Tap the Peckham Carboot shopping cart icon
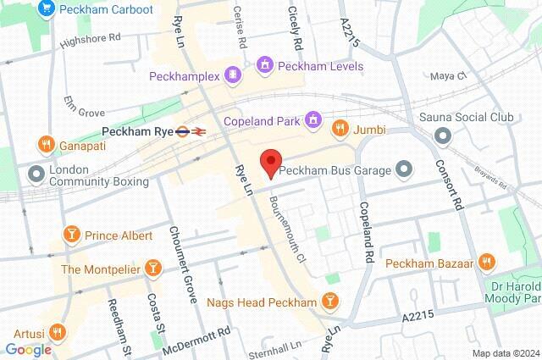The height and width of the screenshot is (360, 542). (45, 10)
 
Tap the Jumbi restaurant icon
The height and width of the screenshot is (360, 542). (340, 129)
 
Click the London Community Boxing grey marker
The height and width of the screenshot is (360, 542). (36, 175)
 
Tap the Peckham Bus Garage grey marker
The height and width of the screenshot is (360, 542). (404, 170)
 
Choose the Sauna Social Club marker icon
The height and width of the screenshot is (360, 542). (440, 136)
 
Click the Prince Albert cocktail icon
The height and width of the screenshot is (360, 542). (72, 235)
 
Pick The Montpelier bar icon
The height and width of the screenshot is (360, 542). (152, 269)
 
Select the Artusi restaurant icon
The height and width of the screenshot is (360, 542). (58, 330)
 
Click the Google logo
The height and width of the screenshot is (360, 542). (28, 349)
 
